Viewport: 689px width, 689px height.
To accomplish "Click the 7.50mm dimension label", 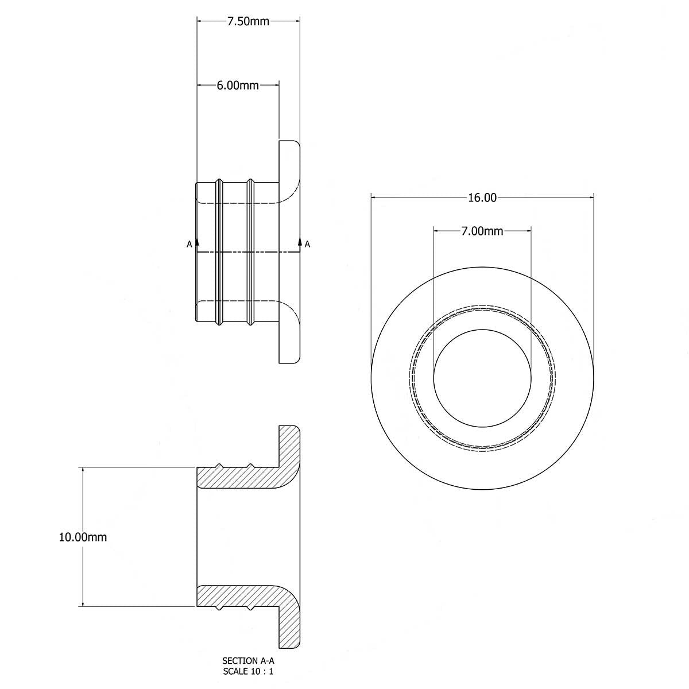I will pyautogui.click(x=248, y=22).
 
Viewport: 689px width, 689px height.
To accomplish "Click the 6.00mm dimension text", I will pyautogui.click(x=238, y=86).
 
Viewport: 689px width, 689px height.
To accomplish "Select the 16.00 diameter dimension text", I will pyautogui.click(x=482, y=198).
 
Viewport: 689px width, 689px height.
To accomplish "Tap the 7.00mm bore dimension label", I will pyautogui.click(x=482, y=231).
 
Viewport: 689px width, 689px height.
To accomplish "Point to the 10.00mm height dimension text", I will pyautogui.click(x=83, y=537).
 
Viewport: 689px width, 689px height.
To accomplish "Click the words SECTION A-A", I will pyautogui.click(x=248, y=661).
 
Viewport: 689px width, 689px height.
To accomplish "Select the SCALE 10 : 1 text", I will pyautogui.click(x=248, y=670).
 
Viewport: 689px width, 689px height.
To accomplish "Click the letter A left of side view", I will pyautogui.click(x=189, y=245).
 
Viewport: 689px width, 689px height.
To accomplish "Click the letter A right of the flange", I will pyautogui.click(x=308, y=245).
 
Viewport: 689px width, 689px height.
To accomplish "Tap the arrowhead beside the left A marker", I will pyautogui.click(x=197, y=242).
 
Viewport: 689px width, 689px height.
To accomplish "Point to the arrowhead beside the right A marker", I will pyautogui.click(x=300, y=241).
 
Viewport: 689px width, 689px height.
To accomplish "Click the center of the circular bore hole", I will pyautogui.click(x=482, y=378).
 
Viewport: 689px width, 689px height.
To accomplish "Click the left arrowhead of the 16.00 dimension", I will pyautogui.click(x=375, y=198).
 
